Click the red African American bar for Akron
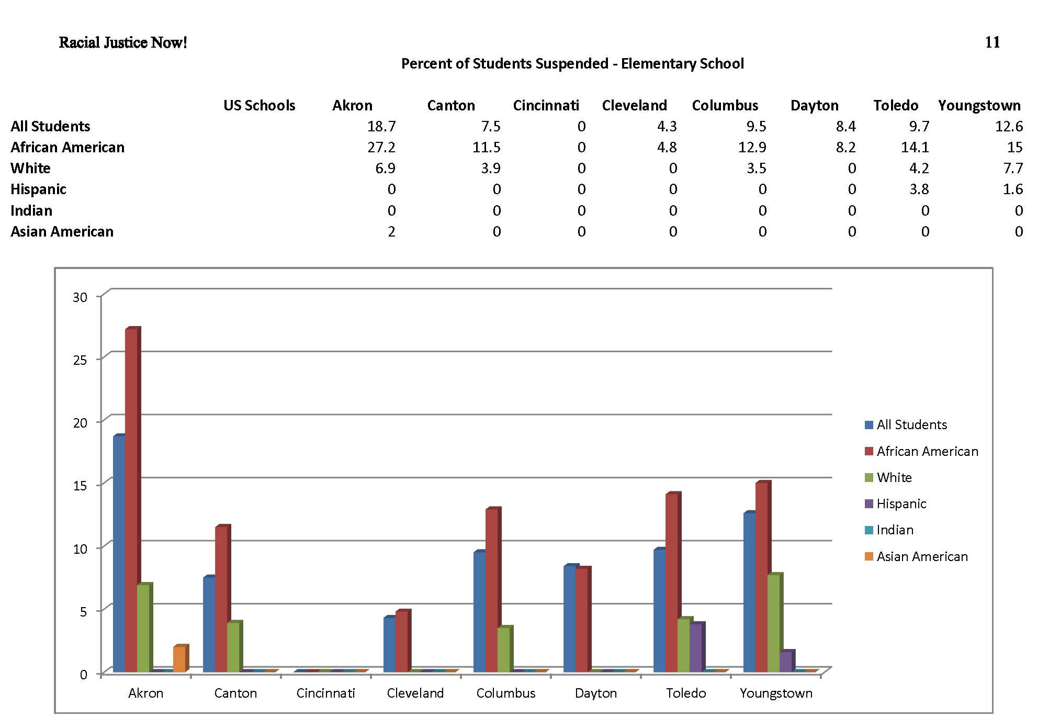(132, 500)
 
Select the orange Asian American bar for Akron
(179, 659)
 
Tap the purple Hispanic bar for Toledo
(696, 647)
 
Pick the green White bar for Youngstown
(773, 623)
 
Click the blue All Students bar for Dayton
(569, 619)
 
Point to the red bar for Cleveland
(401, 641)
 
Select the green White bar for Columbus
(503, 649)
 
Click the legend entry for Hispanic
(901, 504)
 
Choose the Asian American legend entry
(922, 556)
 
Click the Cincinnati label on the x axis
(325, 693)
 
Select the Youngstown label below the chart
(776, 693)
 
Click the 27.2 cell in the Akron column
(381, 148)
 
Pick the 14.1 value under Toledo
(915, 148)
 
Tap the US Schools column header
(260, 106)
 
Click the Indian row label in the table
(31, 211)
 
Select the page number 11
(992, 42)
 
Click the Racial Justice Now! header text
(123, 42)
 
